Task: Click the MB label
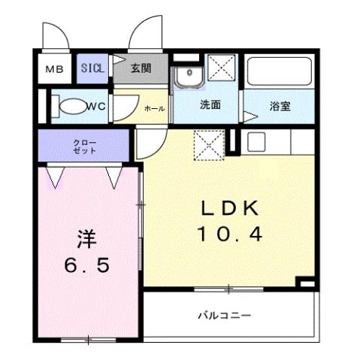54,70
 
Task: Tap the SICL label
95,68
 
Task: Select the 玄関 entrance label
141,68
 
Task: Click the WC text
95,106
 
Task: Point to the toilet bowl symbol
70,106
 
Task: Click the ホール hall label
154,109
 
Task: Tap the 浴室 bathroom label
280,107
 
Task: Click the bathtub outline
280,71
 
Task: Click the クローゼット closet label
85,146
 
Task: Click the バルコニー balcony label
225,316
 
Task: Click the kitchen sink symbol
257,141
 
